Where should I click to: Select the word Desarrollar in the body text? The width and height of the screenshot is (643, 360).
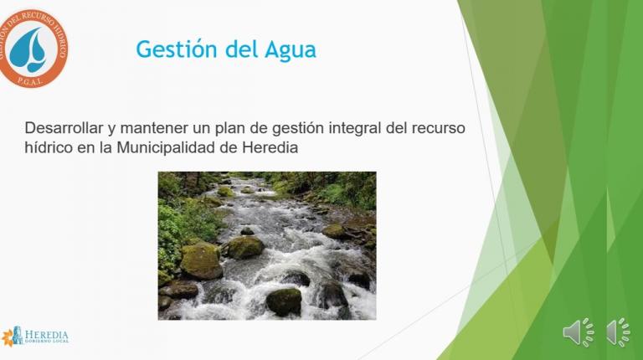tap(67, 129)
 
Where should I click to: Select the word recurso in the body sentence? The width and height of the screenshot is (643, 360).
tap(438, 129)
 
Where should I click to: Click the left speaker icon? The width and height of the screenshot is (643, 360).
tap(578, 332)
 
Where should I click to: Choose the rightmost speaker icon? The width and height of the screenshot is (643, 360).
tap(619, 332)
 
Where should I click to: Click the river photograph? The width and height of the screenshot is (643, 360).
tap(266, 245)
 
